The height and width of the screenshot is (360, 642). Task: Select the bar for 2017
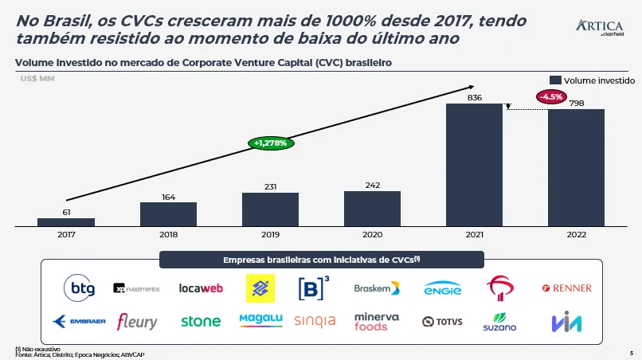pos(66,222)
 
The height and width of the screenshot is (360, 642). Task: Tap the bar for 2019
pos(270,209)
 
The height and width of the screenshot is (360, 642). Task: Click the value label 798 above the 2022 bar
pos(577,104)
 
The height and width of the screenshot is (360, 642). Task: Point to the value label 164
pos(168,197)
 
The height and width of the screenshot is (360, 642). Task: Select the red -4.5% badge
pos(551,96)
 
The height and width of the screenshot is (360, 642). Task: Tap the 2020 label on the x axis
pos(372,235)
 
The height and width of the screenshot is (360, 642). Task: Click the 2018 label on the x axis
pos(168,235)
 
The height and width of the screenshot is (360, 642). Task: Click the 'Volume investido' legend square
pos(556,80)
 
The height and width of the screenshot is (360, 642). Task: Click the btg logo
pos(79,288)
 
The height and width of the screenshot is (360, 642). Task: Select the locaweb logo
pos(201,288)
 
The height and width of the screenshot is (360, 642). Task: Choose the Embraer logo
pos(79,321)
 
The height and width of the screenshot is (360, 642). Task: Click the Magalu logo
pos(260,320)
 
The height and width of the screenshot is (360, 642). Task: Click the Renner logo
pos(566,288)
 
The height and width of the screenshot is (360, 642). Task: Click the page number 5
pos(631,352)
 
